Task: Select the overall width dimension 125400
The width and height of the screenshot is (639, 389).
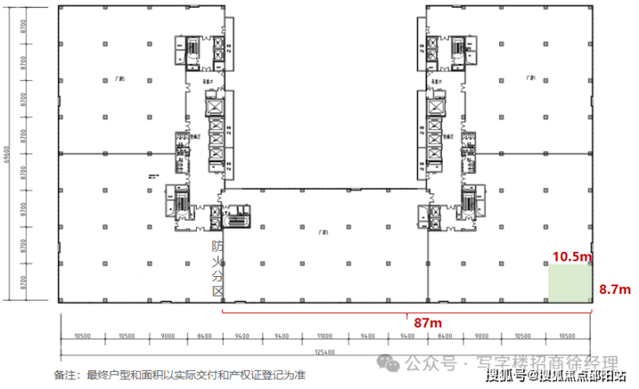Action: tap(326, 353)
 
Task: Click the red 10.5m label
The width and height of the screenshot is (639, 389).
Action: tap(572, 256)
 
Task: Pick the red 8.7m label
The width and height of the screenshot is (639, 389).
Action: tap(615, 290)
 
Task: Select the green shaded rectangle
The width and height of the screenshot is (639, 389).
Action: tap(571, 284)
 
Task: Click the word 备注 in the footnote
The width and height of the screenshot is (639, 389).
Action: tap(64, 375)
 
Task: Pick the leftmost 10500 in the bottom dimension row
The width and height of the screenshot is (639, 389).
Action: tap(83, 336)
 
